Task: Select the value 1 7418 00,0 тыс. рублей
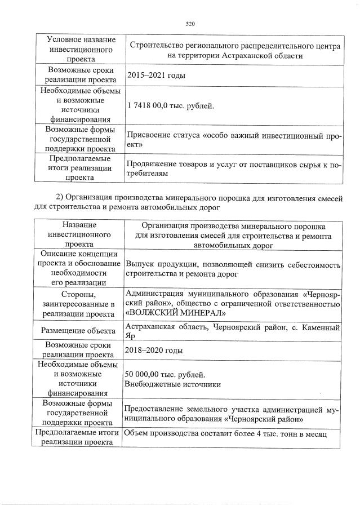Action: pos(171,105)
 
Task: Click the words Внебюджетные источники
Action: pos(172,385)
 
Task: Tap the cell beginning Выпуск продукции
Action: pos(233,269)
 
